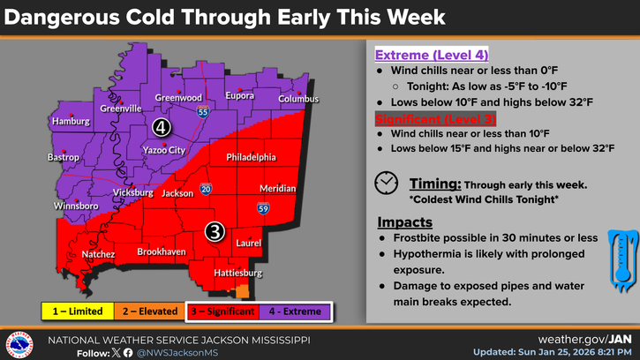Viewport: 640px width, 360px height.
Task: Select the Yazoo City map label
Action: [163, 150]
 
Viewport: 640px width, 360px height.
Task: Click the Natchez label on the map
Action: [99, 254]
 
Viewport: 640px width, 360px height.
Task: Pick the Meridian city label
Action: [278, 189]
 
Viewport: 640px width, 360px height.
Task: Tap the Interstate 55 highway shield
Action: [203, 113]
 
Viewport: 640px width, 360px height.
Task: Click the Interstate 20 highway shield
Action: [205, 189]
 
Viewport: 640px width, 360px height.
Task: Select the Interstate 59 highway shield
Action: [262, 208]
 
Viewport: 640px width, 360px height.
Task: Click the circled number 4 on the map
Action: [161, 127]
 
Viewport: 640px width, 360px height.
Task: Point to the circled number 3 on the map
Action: [215, 231]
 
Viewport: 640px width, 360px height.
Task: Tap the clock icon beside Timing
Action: [386, 183]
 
